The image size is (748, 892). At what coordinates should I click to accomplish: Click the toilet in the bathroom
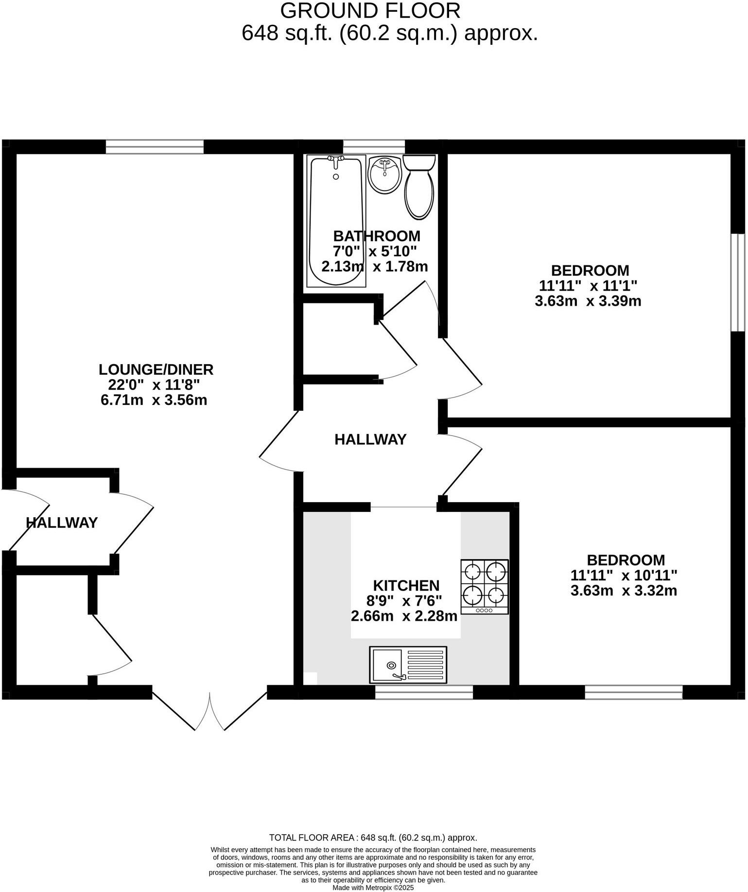click(419, 188)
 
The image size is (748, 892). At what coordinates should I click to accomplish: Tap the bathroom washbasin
click(384, 174)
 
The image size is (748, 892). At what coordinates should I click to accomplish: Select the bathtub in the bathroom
click(336, 221)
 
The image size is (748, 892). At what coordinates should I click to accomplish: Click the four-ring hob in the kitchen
click(485, 586)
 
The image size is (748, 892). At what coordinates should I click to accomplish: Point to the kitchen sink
click(408, 664)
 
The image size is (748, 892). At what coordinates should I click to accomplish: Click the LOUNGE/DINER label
click(156, 369)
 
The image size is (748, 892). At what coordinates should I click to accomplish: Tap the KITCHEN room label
click(406, 585)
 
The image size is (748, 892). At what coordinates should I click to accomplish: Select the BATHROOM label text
click(377, 236)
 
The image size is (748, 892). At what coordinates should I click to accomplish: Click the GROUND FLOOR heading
click(370, 11)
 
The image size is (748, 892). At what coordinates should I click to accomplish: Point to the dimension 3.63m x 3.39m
click(588, 301)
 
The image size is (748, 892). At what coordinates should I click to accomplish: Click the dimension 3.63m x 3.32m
click(624, 591)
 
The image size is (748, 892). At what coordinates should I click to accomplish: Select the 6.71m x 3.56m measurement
click(154, 401)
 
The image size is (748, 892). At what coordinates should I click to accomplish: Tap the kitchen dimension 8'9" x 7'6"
click(404, 601)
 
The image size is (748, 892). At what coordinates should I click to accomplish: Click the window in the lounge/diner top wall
click(155, 146)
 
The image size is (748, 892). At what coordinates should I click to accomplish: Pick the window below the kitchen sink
click(424, 692)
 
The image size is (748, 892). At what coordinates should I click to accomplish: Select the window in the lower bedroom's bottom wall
click(633, 692)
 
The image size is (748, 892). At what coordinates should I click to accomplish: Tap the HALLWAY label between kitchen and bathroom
click(370, 439)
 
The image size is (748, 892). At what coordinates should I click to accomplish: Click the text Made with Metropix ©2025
click(373, 888)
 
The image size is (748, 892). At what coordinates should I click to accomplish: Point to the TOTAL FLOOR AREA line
click(373, 838)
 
